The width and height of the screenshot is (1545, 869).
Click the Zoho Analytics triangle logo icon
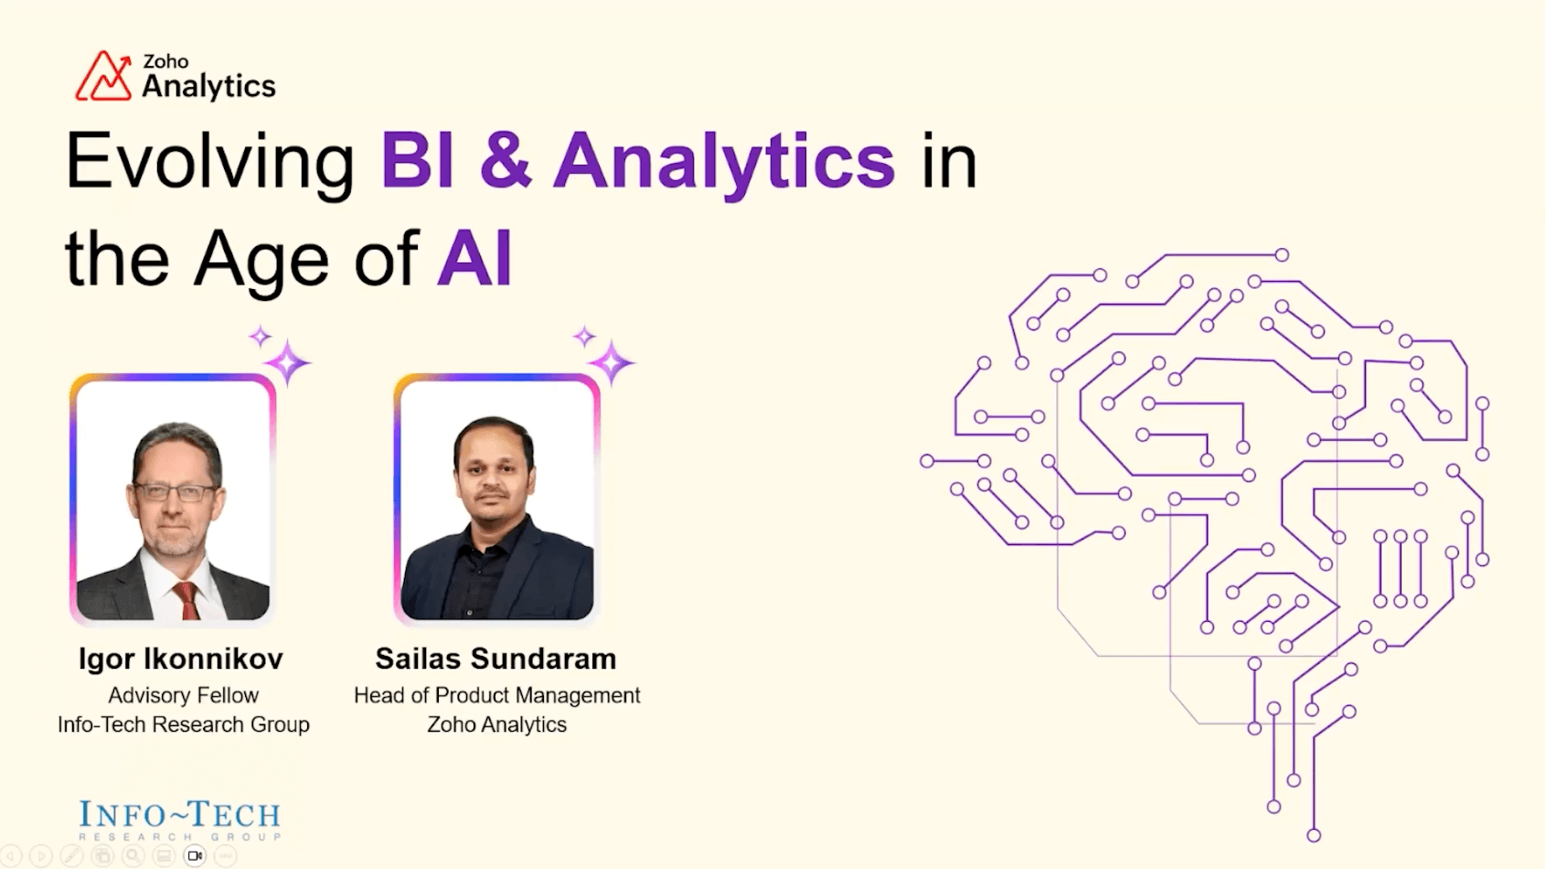pos(102,77)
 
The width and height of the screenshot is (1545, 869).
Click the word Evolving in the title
pos(209,162)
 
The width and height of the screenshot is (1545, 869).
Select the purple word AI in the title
pos(474,260)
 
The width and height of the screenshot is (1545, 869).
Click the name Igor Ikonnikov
pos(180,659)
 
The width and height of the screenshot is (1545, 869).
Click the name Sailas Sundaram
pos(495,659)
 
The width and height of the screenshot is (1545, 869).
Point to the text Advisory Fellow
pos(183,695)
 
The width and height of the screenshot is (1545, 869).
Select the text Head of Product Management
pos(496,695)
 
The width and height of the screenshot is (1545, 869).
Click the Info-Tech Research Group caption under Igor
pos(183,724)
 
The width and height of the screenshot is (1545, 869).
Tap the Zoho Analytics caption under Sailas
pos(496,724)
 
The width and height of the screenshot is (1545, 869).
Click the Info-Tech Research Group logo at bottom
pos(179,820)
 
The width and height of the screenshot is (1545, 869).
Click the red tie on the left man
pos(187,599)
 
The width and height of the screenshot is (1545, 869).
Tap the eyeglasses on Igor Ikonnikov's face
pos(174,493)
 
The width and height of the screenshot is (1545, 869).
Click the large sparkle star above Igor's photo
pos(288,363)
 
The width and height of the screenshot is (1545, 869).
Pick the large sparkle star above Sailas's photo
pos(611,363)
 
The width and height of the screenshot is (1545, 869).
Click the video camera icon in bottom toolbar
pos(195,856)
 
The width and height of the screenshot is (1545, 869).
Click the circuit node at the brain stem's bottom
pos(1314,834)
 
